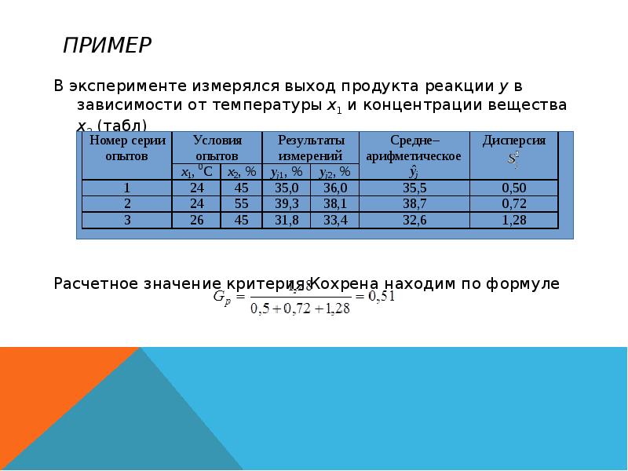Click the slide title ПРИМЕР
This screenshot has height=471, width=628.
107,46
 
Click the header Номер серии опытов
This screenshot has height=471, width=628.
126,148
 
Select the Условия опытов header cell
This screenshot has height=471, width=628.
217,148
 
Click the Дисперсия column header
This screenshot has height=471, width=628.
514,141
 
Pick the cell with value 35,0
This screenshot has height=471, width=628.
287,188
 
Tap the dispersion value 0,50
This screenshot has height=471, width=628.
514,188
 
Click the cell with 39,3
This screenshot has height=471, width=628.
287,204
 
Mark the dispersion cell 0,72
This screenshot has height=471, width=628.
514,204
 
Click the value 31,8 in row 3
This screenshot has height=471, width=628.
287,221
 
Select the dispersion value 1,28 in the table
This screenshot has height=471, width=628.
514,221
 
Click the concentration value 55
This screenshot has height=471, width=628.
241,204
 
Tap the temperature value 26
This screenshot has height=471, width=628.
196,221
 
